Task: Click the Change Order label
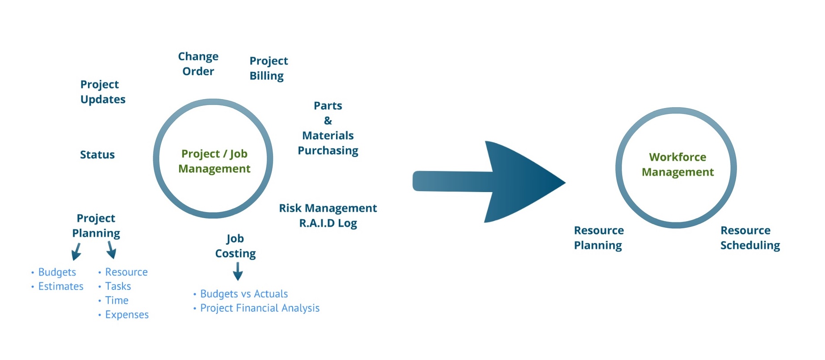(x=198, y=64)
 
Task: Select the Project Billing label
(x=268, y=68)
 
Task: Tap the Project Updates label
(x=102, y=92)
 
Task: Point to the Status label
(x=97, y=155)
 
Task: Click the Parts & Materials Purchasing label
(x=328, y=128)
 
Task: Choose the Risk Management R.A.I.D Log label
(x=328, y=216)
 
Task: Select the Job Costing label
(x=235, y=246)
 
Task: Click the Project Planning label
(x=96, y=226)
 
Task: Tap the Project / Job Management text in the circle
(x=214, y=161)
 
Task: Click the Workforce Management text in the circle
(x=678, y=165)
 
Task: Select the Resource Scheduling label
(x=750, y=238)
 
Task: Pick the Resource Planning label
(x=598, y=238)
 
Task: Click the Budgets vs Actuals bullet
(x=244, y=294)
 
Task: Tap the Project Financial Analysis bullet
(x=259, y=308)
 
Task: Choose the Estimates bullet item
(x=60, y=286)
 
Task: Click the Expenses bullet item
(x=126, y=315)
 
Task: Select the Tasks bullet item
(x=118, y=286)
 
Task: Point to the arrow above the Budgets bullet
(x=76, y=252)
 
